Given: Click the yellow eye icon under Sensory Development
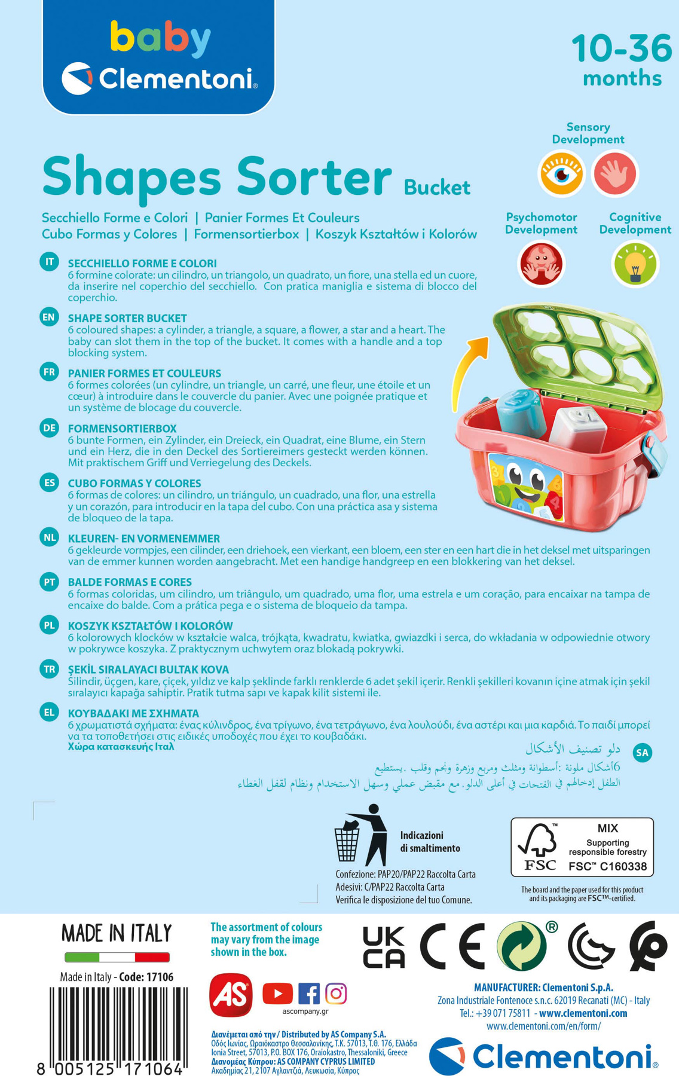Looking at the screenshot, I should [561, 173].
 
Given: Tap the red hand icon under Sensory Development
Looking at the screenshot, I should [614, 173].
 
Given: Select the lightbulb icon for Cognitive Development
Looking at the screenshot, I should [635, 264].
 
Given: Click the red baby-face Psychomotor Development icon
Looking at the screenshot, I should [541, 264].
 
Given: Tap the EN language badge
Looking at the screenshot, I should [49, 317].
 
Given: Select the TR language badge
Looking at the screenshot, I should [49, 669].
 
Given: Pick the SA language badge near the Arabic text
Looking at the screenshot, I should [642, 753].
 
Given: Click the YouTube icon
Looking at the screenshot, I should [277, 994].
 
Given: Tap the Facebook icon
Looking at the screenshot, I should [308, 994].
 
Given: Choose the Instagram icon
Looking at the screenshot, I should [336, 994].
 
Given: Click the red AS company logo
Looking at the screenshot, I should [231, 995].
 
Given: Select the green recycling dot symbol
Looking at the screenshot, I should [521, 946].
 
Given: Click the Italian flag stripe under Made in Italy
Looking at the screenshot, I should [117, 957].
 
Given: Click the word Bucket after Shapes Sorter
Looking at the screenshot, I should [437, 188].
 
